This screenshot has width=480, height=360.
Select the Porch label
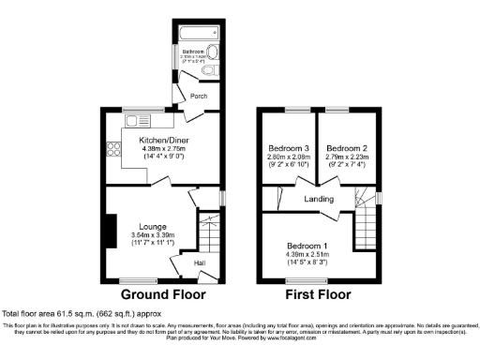pos(199,97)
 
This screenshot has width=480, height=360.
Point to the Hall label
pos(200,263)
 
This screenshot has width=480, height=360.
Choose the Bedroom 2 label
pos(347,148)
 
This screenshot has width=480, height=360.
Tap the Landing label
pos(320,199)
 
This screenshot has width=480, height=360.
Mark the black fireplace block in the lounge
pos(111,231)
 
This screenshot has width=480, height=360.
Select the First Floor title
pos(320,293)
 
